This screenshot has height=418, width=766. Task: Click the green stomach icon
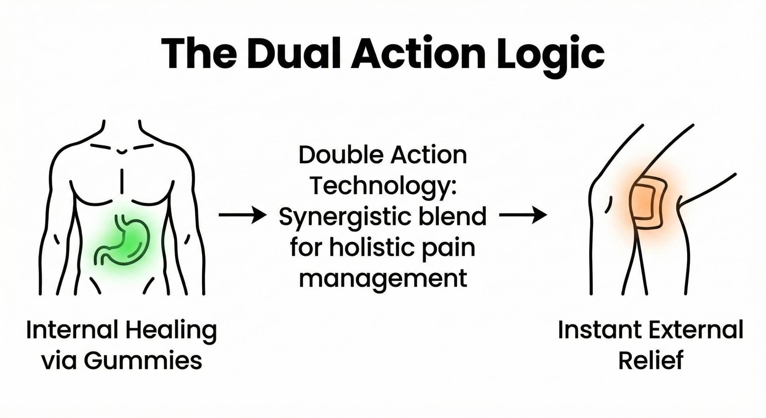pos(122,241)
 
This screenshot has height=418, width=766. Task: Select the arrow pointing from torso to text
pos(243,215)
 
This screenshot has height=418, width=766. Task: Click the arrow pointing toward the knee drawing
pos(523,215)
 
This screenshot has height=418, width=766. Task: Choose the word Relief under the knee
pos(651,361)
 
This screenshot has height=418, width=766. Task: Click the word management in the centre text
pos(383,279)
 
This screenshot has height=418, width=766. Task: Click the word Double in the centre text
pos(341,155)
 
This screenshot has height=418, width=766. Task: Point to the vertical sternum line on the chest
pos(122,181)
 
